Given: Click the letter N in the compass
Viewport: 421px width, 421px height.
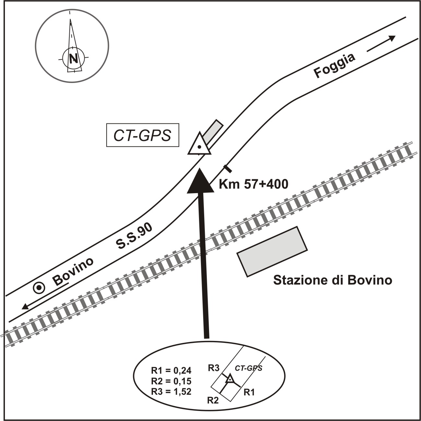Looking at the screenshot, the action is (x=73, y=58).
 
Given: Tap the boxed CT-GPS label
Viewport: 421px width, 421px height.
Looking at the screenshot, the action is (x=143, y=135).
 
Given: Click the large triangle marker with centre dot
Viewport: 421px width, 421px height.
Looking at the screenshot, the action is (x=199, y=144).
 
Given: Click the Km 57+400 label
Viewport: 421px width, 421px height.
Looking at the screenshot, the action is (x=253, y=184).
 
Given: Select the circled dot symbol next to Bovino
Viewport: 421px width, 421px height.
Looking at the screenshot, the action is (x=39, y=288).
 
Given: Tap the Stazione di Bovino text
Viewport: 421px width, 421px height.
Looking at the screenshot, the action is (x=333, y=280).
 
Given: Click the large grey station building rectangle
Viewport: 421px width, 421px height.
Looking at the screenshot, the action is (x=273, y=252).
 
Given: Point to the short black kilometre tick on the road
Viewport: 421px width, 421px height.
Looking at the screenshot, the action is (x=228, y=169).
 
